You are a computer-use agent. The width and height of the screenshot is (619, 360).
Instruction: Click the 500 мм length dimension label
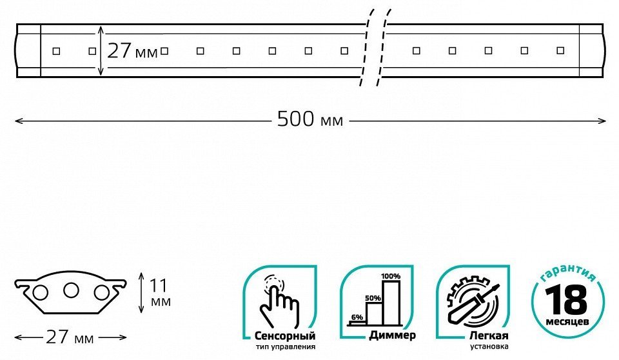(310, 119)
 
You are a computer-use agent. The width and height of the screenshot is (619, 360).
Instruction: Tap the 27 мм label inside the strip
(132, 51)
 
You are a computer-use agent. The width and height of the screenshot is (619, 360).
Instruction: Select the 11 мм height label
(161, 293)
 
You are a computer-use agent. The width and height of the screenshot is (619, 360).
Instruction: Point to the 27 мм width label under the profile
(70, 337)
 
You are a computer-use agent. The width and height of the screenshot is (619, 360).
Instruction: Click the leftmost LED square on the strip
(56, 51)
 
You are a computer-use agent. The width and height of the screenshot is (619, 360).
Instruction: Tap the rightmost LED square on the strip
(560, 50)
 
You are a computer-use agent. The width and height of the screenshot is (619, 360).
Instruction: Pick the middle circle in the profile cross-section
(71, 290)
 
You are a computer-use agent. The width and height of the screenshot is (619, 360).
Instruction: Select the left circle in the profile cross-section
(40, 293)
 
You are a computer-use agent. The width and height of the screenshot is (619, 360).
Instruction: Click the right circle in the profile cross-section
(101, 293)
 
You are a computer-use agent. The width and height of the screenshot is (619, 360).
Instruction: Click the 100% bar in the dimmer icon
(391, 303)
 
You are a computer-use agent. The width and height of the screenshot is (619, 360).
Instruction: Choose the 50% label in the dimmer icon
(373, 298)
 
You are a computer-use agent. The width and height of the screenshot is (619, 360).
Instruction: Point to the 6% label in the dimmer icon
(357, 317)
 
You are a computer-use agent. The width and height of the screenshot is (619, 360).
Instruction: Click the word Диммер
(393, 335)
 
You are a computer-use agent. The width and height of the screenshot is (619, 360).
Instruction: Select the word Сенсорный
(285, 336)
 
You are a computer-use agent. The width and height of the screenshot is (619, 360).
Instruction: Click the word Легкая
(489, 336)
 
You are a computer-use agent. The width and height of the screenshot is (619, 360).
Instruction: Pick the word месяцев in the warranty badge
(567, 321)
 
